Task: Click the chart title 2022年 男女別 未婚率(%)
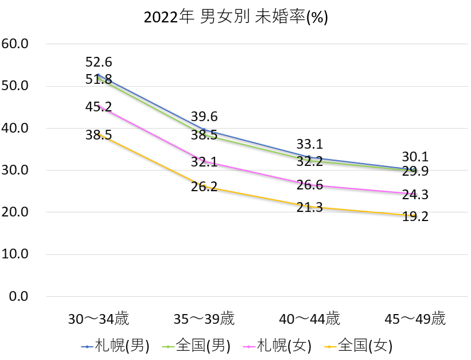[x=235, y=17]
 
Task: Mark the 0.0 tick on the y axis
[x=18, y=296]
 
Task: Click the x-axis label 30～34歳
[x=99, y=319]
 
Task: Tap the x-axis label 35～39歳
[x=204, y=319]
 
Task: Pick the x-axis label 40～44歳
[x=310, y=319]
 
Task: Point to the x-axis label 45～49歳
[x=415, y=319]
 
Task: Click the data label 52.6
[x=99, y=63]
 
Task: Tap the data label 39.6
[x=204, y=117]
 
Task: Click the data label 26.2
[x=204, y=187]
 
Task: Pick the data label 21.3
[x=310, y=207]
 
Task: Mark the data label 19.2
[x=415, y=216]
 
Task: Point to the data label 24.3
[x=415, y=195]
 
